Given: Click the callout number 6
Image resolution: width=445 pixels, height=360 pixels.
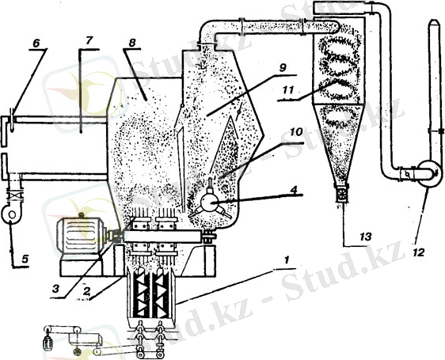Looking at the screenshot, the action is pyautogui.click(x=36, y=43).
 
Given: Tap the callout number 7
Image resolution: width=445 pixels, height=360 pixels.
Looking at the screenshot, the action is pyautogui.click(x=89, y=40).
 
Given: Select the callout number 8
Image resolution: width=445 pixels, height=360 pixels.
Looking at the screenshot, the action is pyautogui.click(x=132, y=43).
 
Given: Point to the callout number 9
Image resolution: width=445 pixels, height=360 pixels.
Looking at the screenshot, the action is pyautogui.click(x=283, y=68).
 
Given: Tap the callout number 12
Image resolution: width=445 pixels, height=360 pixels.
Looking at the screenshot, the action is pyautogui.click(x=419, y=252).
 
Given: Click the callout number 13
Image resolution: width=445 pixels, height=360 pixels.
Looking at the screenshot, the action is pyautogui.click(x=366, y=236).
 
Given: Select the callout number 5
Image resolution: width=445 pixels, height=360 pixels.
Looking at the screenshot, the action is pyautogui.click(x=25, y=259).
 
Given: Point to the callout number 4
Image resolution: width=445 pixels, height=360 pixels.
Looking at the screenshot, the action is pyautogui.click(x=295, y=190).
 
